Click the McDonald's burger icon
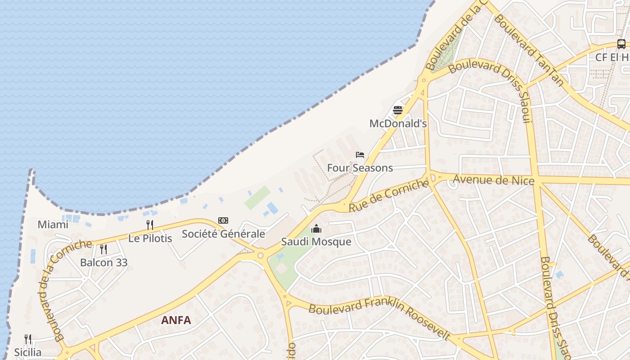click(x=398, y=110)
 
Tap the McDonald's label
click(x=398, y=123)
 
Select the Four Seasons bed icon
click(x=360, y=155)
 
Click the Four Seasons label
click(x=360, y=168)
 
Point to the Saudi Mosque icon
click(x=316, y=229)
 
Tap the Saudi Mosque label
click(x=316, y=242)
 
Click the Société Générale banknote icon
click(x=223, y=220)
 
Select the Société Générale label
click(x=223, y=234)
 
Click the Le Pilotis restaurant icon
click(x=150, y=225)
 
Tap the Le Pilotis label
click(x=150, y=238)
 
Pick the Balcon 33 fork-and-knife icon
click(x=103, y=249)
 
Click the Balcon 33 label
click(x=104, y=262)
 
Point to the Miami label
click(x=53, y=225)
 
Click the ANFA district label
click(x=176, y=320)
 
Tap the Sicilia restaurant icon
click(x=28, y=339)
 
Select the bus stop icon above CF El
click(x=621, y=44)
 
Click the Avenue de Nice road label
click(x=493, y=180)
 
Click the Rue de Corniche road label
click(x=388, y=196)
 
